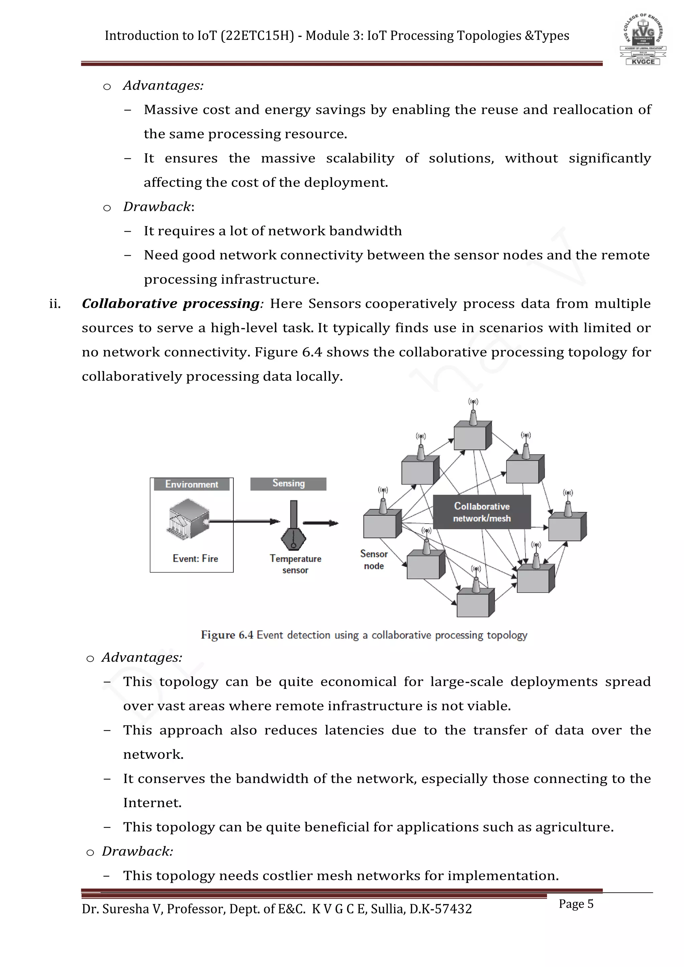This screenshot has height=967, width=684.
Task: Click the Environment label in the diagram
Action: pos(192,485)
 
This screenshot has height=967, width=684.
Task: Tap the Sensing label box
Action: pos(289,483)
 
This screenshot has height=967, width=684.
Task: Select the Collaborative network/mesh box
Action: pos(482,512)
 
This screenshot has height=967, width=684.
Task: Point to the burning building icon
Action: pos(189,519)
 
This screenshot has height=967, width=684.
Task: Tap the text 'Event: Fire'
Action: pos(195,559)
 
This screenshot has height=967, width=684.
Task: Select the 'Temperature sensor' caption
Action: pos(295,564)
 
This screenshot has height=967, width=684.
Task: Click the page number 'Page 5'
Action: pos(576,904)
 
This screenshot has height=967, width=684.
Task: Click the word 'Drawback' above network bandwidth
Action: pos(157,207)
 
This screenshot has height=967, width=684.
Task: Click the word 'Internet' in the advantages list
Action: pos(151,803)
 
